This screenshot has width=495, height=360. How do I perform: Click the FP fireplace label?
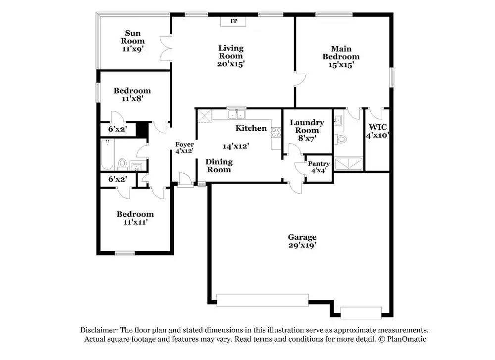coord(234,21)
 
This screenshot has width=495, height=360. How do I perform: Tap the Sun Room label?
coord(133,37)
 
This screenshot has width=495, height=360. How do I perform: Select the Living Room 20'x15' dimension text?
coord(231,64)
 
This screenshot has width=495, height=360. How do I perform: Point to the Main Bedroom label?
coord(341,52)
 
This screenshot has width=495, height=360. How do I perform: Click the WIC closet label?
coord(378,127)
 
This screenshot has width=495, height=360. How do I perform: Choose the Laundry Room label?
coord(307,126)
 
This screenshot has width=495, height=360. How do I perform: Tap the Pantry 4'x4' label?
coord(318,167)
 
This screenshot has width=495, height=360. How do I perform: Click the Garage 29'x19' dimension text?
coord(302,245)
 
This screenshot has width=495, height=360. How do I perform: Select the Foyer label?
coord(184,145)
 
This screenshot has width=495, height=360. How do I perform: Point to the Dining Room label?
coord(219,166)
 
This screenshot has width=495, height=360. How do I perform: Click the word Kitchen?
coord(251,128)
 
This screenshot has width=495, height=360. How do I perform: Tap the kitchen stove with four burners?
coord(276,132)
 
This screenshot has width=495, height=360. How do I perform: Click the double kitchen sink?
coord(237,114)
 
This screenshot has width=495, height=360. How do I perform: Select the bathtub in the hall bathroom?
coord(107,154)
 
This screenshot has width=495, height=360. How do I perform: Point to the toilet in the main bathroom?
coord(341,139)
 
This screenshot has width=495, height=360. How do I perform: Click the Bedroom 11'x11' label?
coord(135,218)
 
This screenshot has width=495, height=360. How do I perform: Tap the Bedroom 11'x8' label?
coord(132,95)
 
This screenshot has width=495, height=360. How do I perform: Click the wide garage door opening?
coord(262,300)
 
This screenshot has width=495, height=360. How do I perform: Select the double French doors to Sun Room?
coord(165,49)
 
